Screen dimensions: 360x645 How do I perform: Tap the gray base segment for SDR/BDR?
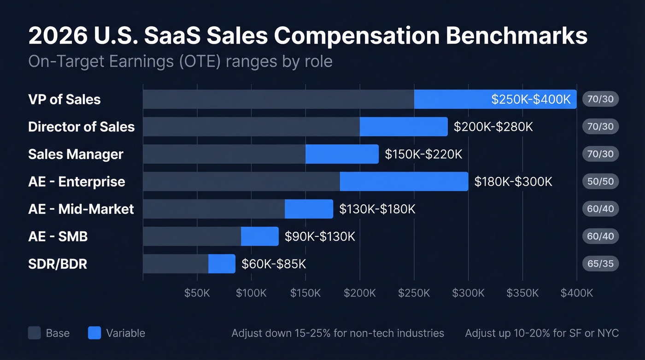176,264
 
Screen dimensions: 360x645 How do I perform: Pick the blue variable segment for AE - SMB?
260,236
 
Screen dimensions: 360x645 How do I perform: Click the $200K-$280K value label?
493,127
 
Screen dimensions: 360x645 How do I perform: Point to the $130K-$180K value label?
377,209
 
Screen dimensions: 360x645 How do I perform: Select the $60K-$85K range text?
274,264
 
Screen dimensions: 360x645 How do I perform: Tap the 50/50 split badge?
600,182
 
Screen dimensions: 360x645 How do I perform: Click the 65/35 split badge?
600,264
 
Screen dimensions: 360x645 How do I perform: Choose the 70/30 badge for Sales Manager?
600,154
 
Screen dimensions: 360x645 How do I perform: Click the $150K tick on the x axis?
305,293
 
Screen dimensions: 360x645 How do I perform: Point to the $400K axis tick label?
577,293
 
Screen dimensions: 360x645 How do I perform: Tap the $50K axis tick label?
197,293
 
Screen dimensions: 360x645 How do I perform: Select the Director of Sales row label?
82,127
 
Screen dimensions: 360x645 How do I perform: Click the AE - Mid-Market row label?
81,209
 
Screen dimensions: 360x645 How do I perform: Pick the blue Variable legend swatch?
94,333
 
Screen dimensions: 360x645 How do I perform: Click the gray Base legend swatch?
35,333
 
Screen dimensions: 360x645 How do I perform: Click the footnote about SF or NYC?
542,333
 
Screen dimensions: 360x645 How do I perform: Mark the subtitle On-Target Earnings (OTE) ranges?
180,61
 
